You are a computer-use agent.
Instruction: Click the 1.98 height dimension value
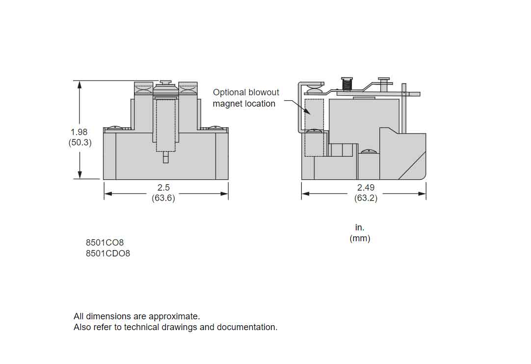[x=79, y=132]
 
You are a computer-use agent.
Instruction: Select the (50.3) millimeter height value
[x=80, y=142]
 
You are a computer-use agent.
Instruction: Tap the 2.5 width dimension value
[x=163, y=188]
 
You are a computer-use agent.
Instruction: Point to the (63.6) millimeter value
[x=163, y=198]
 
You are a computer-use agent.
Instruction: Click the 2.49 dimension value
[x=366, y=188]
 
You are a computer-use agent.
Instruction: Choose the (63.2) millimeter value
[x=366, y=198]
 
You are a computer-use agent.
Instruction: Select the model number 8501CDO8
[x=108, y=253]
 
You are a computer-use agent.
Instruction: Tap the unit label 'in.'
[x=360, y=227]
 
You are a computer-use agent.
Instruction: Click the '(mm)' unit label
[x=360, y=238]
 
